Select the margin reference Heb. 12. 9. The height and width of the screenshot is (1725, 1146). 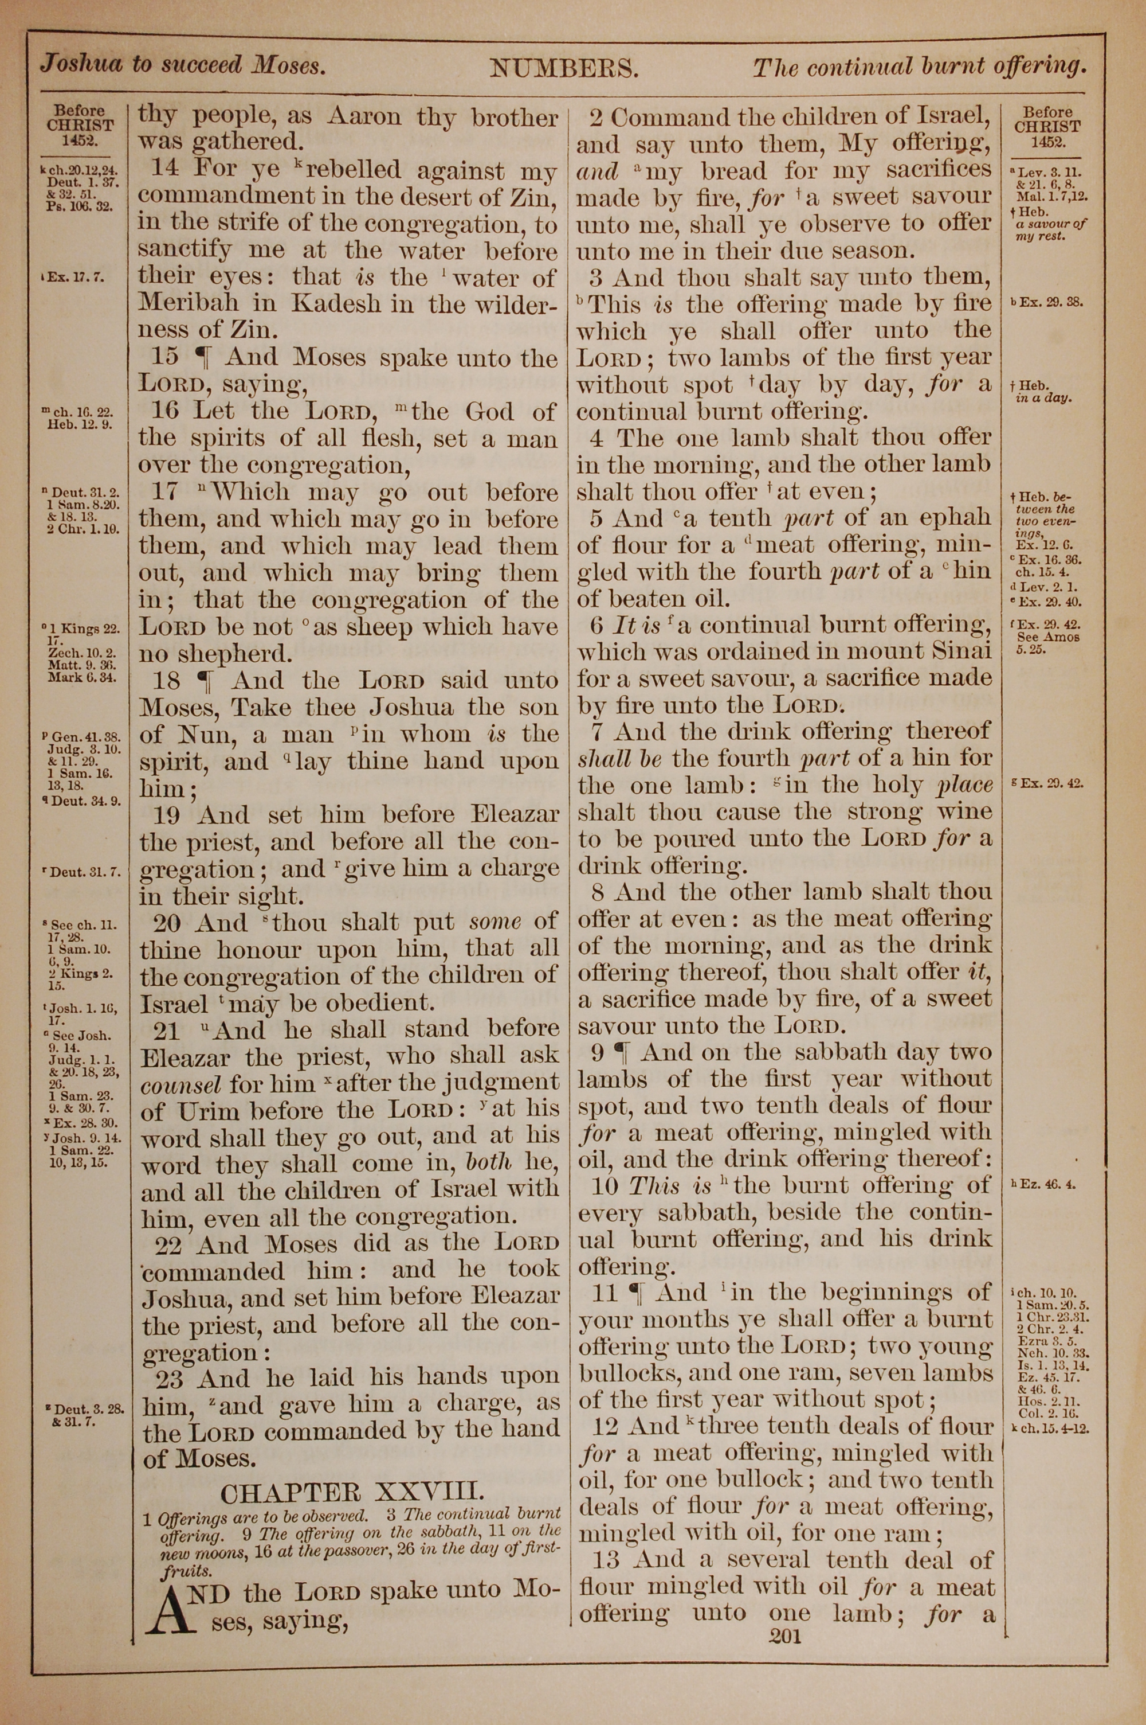pos(80,424)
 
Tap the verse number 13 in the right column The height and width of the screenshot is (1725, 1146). pos(607,1560)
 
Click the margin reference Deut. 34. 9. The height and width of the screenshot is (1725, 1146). pos(85,800)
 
